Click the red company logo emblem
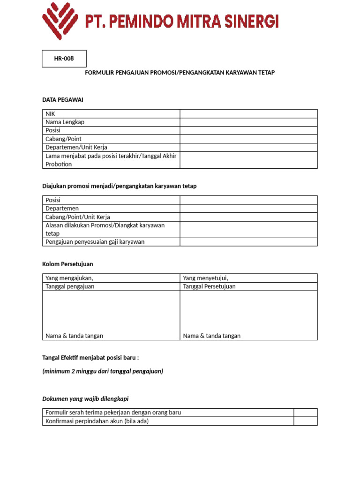tap(60, 21)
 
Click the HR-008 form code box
tap(64, 59)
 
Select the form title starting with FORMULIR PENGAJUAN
tap(180, 73)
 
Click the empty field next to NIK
tap(248, 113)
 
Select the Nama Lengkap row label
tap(65, 122)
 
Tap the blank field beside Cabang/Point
tap(248, 139)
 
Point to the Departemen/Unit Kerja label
tap(76, 147)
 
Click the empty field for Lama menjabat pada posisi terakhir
tap(248, 160)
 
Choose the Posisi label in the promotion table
tap(53, 200)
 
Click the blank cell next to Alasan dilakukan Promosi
tap(248, 229)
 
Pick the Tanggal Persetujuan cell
tap(210, 286)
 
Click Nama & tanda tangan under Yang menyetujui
tap(211, 336)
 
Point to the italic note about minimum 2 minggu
tap(103, 371)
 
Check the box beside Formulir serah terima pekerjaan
tap(306, 412)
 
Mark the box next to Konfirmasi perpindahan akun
tap(306, 421)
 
